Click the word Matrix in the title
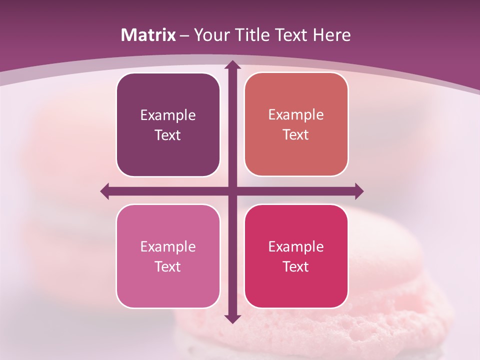(148, 35)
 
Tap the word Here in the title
(332, 35)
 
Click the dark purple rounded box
(168, 124)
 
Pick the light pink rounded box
(168, 256)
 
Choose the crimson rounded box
(296, 256)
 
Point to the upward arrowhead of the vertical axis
(232, 64)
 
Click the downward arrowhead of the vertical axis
(232, 318)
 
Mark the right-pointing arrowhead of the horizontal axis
(359, 191)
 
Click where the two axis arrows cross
(232, 191)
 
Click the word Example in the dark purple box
(168, 115)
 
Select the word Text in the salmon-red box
(296, 134)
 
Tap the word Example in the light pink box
(168, 247)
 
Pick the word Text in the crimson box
(296, 266)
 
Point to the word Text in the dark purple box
(168, 135)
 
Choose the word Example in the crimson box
(296, 247)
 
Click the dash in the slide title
(185, 35)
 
